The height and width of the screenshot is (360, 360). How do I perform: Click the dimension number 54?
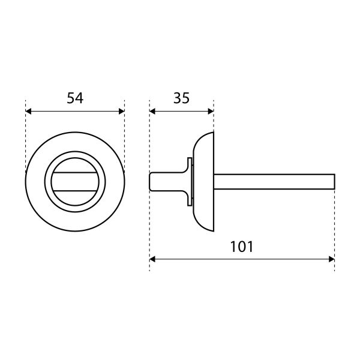[75, 98]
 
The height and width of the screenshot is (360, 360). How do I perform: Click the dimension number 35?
[181, 98]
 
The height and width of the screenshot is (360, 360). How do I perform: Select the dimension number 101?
[242, 247]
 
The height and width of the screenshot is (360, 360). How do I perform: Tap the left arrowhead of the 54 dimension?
[28, 112]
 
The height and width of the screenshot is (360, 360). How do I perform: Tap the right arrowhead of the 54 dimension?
[122, 112]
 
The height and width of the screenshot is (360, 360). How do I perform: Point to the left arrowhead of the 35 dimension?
[152, 112]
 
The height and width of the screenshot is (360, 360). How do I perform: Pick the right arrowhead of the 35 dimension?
[211, 112]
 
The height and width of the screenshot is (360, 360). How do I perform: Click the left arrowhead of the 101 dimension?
[152, 259]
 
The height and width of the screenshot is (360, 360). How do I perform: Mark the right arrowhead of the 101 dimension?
[332, 259]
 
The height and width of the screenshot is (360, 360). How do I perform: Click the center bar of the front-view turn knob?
[75, 182]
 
